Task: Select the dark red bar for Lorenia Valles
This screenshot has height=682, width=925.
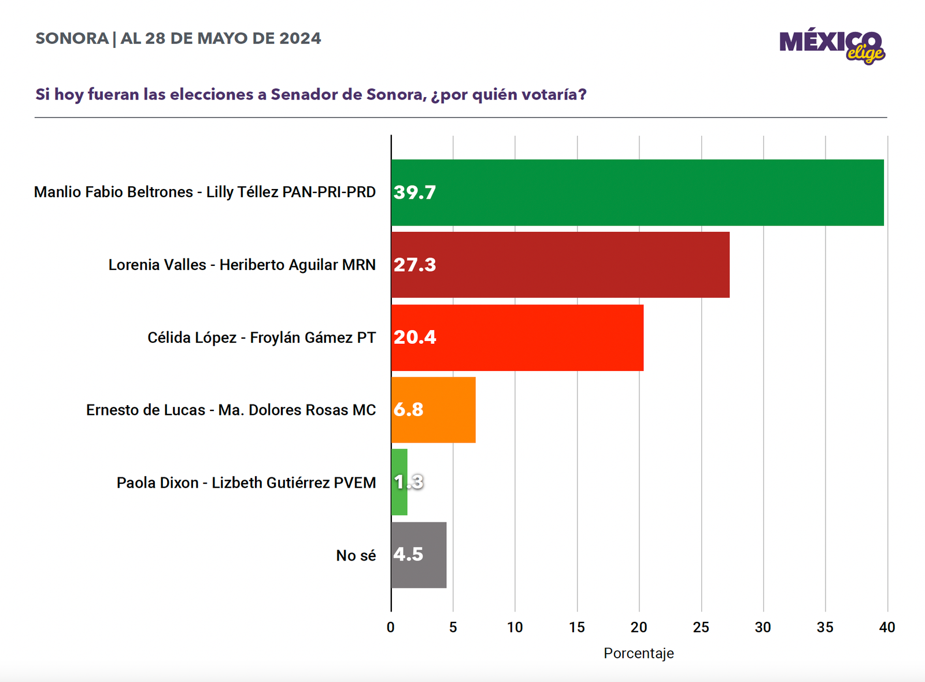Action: coord(560,265)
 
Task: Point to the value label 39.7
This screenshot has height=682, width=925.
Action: coord(415,192)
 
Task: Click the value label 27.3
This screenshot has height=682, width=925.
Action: coord(415,265)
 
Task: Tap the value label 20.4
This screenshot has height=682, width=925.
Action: coord(415,337)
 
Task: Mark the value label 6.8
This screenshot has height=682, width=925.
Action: coord(408,410)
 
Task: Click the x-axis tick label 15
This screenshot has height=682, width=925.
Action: coord(577,627)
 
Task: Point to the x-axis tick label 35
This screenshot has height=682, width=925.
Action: coord(825,627)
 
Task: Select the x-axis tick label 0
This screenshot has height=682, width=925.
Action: coord(391,627)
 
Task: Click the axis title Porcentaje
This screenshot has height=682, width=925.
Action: coord(639,653)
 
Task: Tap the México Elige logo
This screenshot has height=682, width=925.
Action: coord(832,45)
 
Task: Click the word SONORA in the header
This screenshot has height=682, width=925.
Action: coord(72,39)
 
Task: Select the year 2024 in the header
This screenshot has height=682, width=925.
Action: coord(300,39)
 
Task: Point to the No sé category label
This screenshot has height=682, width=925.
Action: coord(356,555)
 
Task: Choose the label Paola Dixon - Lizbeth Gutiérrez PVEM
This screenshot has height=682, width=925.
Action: coord(246,483)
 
